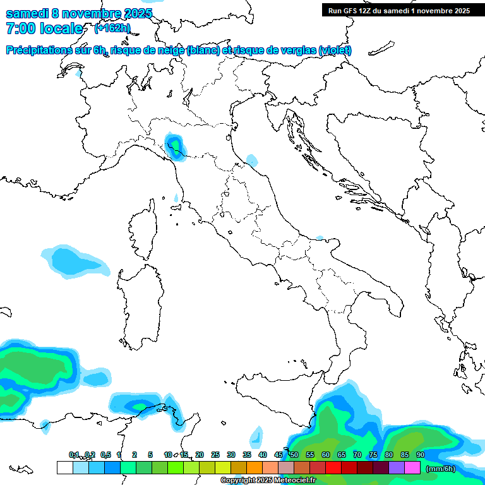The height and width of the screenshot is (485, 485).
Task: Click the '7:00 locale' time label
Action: [x=44, y=28]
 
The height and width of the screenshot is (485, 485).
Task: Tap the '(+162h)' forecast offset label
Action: [x=112, y=28]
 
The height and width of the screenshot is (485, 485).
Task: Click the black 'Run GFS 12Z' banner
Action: [x=399, y=10]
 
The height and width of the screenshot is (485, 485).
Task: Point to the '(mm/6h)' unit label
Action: [x=441, y=469]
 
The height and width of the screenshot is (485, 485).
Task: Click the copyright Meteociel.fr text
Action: [x=268, y=481]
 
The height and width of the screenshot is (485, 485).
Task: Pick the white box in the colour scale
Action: [x=64, y=467]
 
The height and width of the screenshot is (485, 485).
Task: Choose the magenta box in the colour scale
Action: [x=412, y=467]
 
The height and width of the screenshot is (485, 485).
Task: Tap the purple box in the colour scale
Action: [x=397, y=467]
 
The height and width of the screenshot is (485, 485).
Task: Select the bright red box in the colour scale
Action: [x=333, y=467]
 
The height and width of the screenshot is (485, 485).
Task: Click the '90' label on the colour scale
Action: [x=420, y=455]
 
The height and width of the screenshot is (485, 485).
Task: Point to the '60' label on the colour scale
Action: [x=326, y=455]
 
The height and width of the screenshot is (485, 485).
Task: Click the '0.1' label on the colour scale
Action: [x=74, y=455]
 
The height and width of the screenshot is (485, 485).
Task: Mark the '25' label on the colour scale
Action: [x=215, y=455]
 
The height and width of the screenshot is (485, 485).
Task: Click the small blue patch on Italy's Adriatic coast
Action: [x=251, y=159]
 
